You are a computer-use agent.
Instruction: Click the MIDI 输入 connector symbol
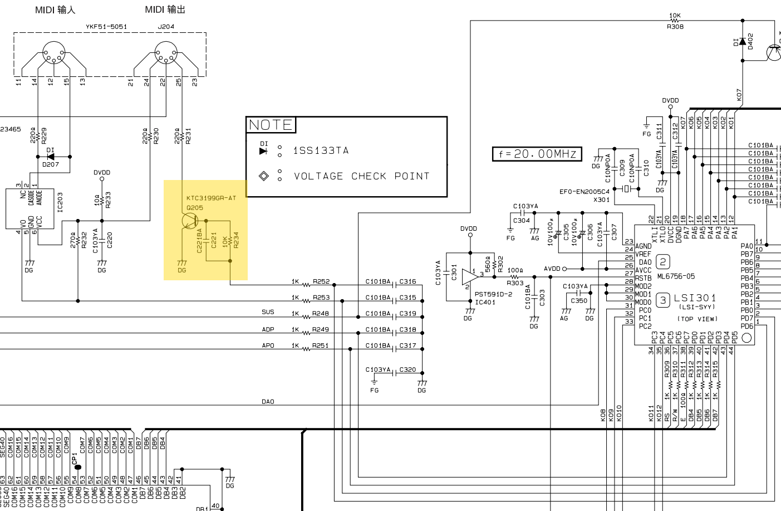54,53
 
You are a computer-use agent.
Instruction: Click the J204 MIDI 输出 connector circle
165,53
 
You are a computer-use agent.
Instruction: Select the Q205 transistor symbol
189,221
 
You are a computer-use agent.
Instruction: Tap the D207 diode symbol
51,157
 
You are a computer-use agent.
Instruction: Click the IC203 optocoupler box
30,208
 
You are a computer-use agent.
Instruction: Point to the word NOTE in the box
271,125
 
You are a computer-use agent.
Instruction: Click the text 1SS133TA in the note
321,150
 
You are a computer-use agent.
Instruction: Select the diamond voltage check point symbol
264,176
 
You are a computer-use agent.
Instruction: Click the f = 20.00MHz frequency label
537,154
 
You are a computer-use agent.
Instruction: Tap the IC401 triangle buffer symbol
470,276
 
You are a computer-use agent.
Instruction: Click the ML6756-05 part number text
676,276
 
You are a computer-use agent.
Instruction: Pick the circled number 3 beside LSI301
662,300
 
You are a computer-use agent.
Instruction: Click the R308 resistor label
675,26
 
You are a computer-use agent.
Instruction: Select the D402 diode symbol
743,41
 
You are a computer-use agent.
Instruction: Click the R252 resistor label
321,281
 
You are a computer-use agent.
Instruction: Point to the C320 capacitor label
407,369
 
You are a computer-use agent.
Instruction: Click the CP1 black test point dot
78,467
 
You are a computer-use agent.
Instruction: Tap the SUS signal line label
268,312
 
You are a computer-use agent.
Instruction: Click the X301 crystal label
601,199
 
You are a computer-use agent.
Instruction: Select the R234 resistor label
236,240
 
